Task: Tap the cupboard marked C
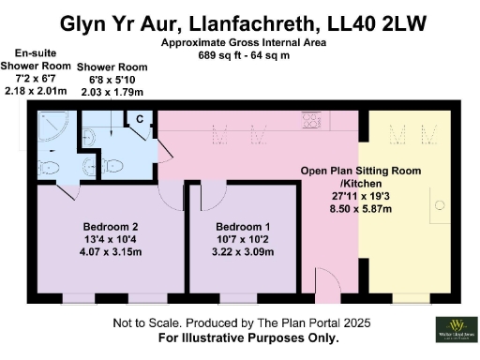tap(139, 120)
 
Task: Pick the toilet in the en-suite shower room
tap(49, 167)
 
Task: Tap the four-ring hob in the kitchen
tap(310, 121)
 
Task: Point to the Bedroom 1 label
tap(243, 227)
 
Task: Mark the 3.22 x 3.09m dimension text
tap(243, 252)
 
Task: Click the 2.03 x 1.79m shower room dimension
tap(112, 93)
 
